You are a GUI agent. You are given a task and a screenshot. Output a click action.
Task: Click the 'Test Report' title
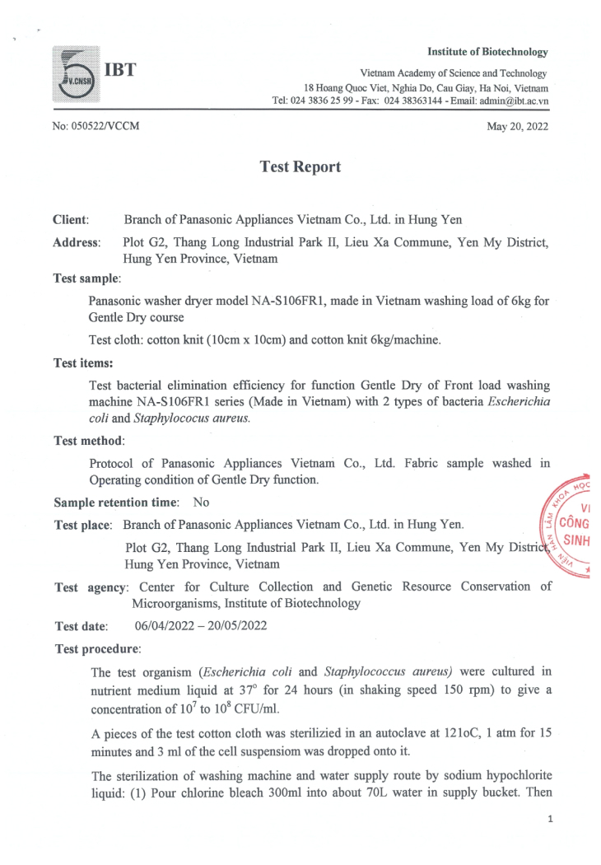click(x=300, y=166)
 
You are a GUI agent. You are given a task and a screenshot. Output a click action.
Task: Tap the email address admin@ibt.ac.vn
click(x=515, y=101)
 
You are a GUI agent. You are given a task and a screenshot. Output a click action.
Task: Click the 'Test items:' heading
click(x=83, y=362)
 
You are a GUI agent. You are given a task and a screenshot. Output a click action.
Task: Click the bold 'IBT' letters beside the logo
click(x=119, y=66)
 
